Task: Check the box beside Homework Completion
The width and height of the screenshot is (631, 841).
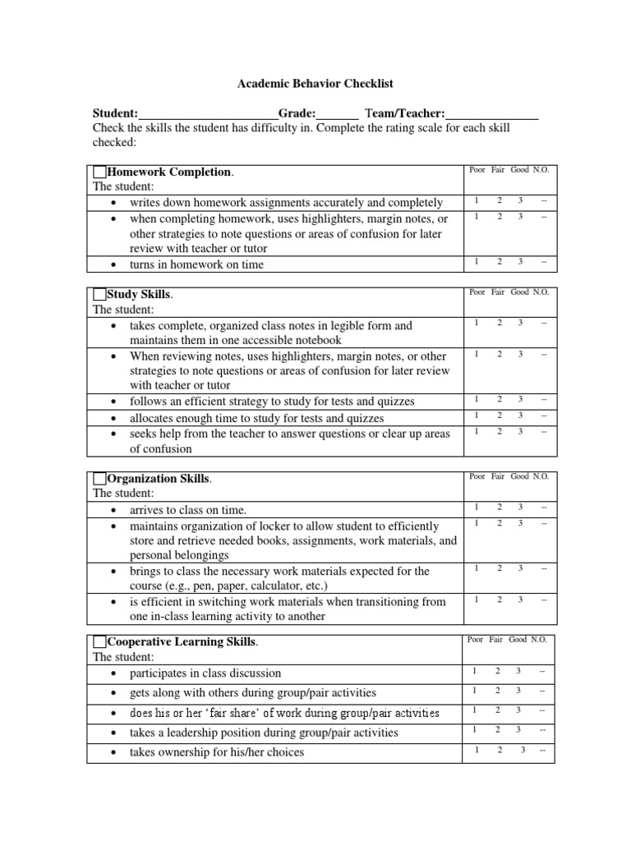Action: click(x=100, y=172)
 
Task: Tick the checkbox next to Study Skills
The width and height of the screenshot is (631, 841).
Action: click(x=100, y=294)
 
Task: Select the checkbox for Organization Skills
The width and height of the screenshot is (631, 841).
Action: click(x=100, y=478)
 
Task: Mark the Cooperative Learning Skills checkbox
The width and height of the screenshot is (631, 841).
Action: click(x=100, y=641)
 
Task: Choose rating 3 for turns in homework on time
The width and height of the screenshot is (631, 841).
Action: click(x=519, y=262)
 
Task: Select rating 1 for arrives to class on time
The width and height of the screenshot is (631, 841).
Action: click(x=476, y=508)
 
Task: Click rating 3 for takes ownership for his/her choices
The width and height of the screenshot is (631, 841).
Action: click(x=522, y=750)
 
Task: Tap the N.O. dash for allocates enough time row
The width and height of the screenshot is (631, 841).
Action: click(x=543, y=416)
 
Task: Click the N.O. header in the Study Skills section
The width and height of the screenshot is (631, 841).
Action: click(x=541, y=292)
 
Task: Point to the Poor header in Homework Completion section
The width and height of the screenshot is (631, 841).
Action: click(x=477, y=170)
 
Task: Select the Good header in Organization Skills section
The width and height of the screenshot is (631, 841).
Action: click(x=519, y=476)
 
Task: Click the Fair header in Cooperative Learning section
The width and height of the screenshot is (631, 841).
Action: click(x=498, y=639)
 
